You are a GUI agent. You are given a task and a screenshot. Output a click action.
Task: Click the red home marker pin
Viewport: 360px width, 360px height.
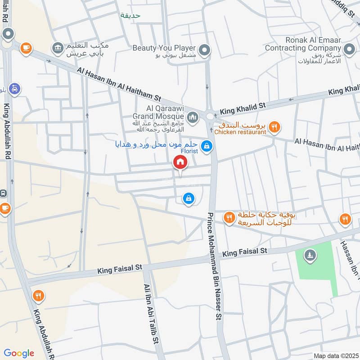[x=180, y=163]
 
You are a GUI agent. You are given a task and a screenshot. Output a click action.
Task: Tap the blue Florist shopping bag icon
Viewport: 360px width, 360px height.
[x=207, y=146]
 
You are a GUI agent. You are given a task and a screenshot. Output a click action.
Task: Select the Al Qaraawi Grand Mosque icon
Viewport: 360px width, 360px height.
[x=193, y=117]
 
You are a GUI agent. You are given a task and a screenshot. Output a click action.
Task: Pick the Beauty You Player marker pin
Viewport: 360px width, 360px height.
[x=205, y=50]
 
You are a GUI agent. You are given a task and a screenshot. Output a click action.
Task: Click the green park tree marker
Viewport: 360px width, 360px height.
[x=310, y=256]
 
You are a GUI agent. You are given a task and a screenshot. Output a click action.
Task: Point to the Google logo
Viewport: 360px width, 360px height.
[x=19, y=353]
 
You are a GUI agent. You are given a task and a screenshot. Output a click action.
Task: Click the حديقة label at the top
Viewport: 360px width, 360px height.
[x=130, y=15]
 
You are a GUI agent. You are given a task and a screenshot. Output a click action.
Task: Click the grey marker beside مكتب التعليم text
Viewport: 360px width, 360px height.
[x=58, y=48]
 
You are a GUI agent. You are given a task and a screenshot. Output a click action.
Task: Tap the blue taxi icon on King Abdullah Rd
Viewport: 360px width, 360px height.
[x=14, y=89]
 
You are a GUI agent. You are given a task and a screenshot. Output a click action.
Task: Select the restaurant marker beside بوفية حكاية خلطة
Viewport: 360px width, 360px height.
[x=229, y=218]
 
